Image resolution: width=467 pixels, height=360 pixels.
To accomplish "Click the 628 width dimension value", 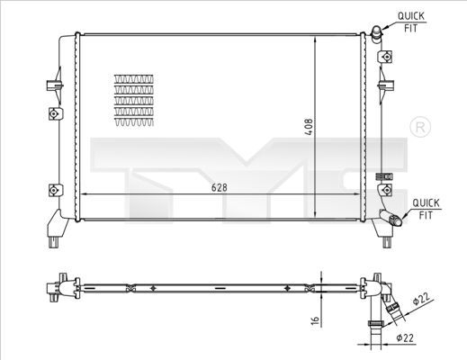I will click(219, 187).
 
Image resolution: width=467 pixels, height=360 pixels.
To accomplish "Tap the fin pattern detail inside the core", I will click(132, 100).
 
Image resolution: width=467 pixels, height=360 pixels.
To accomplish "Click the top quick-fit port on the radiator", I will click(374, 32).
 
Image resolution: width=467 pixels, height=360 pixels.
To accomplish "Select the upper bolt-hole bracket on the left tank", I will click(54, 114).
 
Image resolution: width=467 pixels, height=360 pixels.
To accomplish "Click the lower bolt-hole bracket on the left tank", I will click(54, 190).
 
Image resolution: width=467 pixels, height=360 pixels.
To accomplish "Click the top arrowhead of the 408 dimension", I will click(315, 41).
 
